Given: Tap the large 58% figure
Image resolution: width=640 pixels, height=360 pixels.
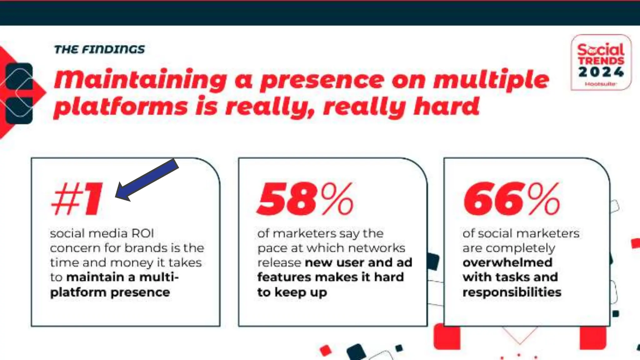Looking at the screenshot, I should click(305, 199).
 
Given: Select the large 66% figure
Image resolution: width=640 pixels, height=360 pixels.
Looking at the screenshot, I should click(511, 199).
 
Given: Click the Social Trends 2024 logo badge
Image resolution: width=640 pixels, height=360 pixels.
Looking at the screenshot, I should click(601, 62).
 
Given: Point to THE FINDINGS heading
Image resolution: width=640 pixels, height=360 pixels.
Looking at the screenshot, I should click(99, 49).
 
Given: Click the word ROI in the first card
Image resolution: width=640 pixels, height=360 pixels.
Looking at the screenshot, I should click(142, 233).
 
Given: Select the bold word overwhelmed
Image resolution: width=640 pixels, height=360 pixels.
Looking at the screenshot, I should click(507, 262).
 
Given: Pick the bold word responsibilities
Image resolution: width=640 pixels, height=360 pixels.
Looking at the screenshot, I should click(512, 292).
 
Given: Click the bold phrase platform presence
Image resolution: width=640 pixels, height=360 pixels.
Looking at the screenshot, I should click(110, 292).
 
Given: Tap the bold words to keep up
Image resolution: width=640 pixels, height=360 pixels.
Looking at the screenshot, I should click(292, 292).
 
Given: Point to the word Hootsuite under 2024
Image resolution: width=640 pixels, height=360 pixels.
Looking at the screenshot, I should click(600, 84).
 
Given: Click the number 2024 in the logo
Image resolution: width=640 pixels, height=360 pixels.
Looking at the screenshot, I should click(601, 72).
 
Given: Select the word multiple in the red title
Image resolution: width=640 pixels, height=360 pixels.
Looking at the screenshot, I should click(491, 80).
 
